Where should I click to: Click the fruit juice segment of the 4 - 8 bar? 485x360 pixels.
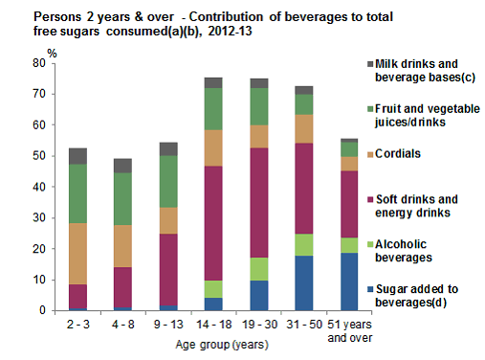[x=122, y=198]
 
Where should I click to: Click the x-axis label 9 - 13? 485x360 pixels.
[x=166, y=324]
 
